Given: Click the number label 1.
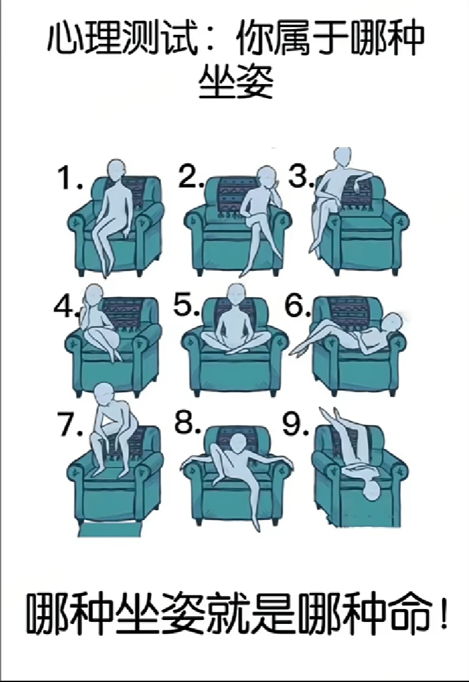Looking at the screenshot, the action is [x=70, y=178].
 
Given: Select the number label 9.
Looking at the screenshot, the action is [x=296, y=424].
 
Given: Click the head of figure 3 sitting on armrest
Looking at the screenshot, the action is [x=342, y=158].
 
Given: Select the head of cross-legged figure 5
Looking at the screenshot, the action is [x=236, y=294].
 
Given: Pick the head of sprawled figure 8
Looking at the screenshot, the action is [x=237, y=444].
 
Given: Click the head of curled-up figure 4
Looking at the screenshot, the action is [x=94, y=294].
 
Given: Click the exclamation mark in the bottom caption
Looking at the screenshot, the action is [x=443, y=614].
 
